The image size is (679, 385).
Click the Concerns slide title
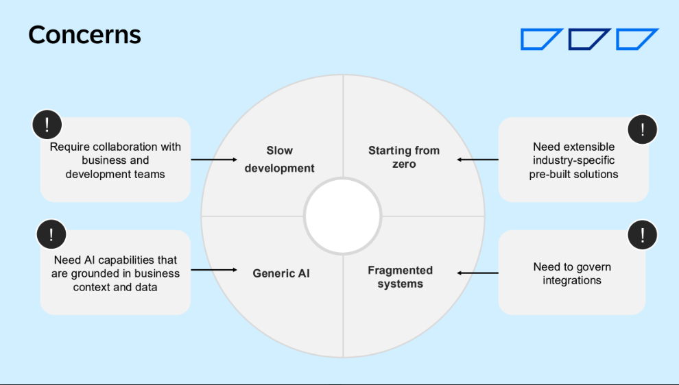click(84, 34)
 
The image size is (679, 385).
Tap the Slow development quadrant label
click(279, 159)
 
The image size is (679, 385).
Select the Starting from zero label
click(403, 157)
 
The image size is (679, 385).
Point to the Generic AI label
click(281, 273)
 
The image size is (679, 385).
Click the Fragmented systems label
click(400, 277)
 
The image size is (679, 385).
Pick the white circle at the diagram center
click(343, 216)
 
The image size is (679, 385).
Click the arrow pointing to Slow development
click(213, 160)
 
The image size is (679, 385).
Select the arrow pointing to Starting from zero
click(477, 160)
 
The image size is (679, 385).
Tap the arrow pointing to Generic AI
click(213, 270)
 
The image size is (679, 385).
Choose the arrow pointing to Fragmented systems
click(477, 273)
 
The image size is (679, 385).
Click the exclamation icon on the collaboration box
click(47, 125)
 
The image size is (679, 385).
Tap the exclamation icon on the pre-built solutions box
click(643, 129)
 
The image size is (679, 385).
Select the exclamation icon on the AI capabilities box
click(51, 235)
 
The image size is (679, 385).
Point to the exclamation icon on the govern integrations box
click(643, 236)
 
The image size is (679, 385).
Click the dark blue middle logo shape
click(588, 39)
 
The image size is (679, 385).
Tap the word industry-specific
click(573, 160)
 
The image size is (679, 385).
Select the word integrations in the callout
click(572, 280)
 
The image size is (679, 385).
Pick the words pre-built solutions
click(573, 174)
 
